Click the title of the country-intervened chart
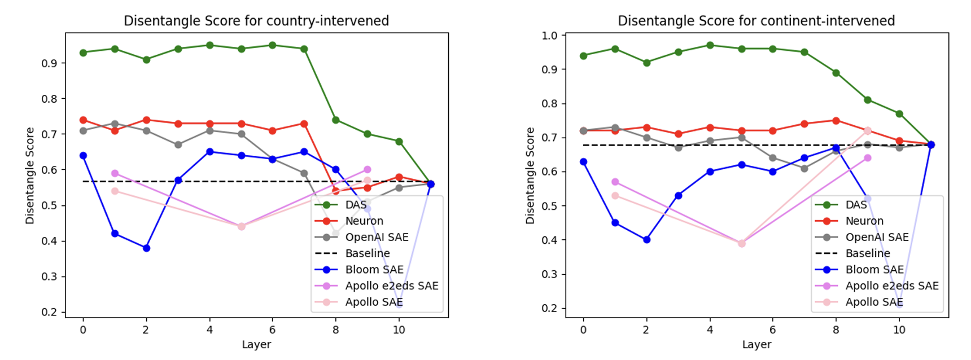[256, 21]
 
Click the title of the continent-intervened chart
[756, 21]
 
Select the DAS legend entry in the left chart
[356, 205]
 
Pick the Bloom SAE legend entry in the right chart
[874, 270]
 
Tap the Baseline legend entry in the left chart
[367, 253]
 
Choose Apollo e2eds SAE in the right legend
[891, 286]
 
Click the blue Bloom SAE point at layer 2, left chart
[146, 248]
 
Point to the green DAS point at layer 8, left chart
[336, 120]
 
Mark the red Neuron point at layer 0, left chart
[84, 120]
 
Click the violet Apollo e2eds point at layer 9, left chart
[368, 169]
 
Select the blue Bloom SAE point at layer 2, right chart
[647, 240]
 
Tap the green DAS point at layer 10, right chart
[899, 114]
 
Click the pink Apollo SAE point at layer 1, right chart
[615, 195]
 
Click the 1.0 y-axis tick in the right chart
[549, 36]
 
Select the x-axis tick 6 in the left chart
[273, 330]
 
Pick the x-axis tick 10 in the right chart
[899, 330]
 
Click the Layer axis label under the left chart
[256, 344]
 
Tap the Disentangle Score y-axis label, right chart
[530, 175]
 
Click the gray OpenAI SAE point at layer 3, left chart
[178, 144]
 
